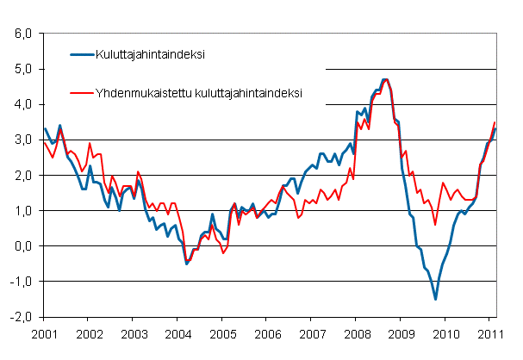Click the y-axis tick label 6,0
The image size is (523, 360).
coord(21,34)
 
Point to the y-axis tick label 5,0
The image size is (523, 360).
coord(21,69)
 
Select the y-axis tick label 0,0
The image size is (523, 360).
coord(21,245)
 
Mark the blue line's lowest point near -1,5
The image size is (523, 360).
coord(435,299)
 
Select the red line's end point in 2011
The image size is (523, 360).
coord(495,122)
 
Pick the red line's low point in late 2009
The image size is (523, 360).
coord(435,225)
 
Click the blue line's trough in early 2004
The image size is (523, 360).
coord(187,263)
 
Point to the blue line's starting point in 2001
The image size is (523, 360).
coord(44,128)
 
